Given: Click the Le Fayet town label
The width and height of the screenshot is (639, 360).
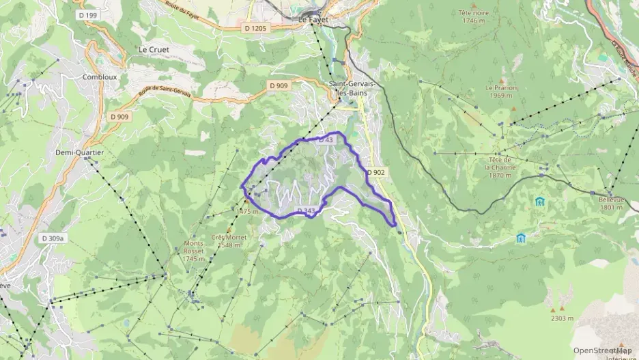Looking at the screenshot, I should [313, 20].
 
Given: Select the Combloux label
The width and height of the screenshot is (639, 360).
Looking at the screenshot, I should [100, 77].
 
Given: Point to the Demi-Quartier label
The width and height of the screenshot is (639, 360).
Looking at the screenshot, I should [79, 152].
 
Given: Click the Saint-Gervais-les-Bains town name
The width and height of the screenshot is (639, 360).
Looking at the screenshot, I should [347, 88].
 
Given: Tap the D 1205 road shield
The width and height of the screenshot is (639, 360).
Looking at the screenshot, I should [255, 28].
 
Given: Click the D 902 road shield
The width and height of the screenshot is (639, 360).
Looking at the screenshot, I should [375, 172].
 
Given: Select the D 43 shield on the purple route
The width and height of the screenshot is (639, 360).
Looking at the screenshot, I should [326, 140].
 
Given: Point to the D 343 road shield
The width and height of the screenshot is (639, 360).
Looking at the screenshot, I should [306, 210].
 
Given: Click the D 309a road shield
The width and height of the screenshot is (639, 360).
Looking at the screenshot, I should [52, 238].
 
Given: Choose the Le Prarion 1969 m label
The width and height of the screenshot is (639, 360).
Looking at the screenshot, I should [501, 92].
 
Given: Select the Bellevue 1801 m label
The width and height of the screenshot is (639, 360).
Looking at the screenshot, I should [611, 204].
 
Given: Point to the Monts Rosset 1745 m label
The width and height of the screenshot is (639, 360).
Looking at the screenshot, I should [194, 251].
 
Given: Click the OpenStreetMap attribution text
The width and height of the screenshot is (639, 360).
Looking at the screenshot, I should [603, 350].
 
